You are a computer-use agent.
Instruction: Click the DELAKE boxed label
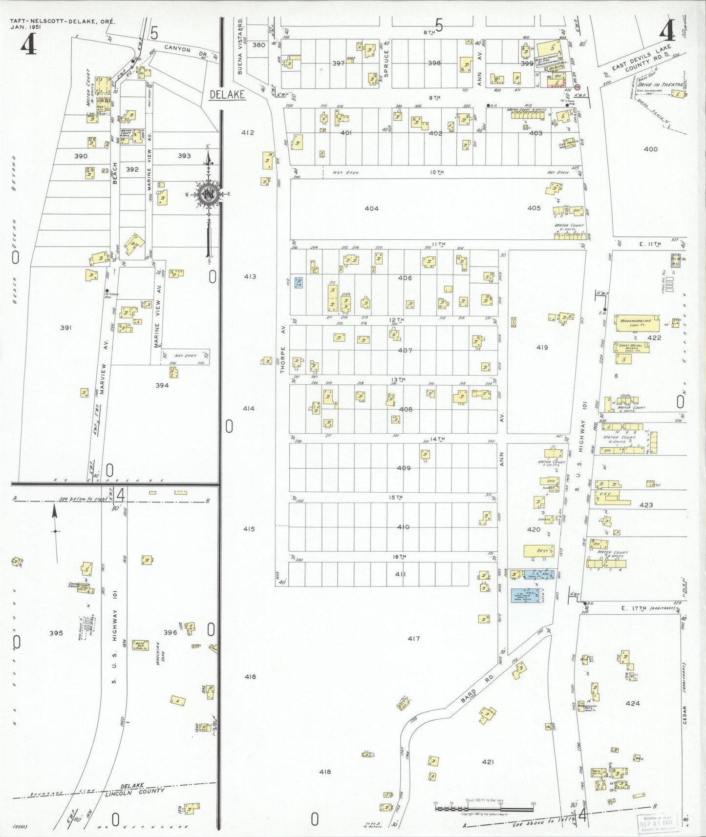click(x=227, y=95)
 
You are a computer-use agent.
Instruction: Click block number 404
click(x=371, y=209)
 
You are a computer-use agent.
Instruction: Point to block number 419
click(x=542, y=348)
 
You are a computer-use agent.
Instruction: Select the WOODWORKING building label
click(x=635, y=321)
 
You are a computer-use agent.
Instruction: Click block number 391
click(x=65, y=328)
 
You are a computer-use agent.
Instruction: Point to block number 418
click(x=325, y=772)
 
